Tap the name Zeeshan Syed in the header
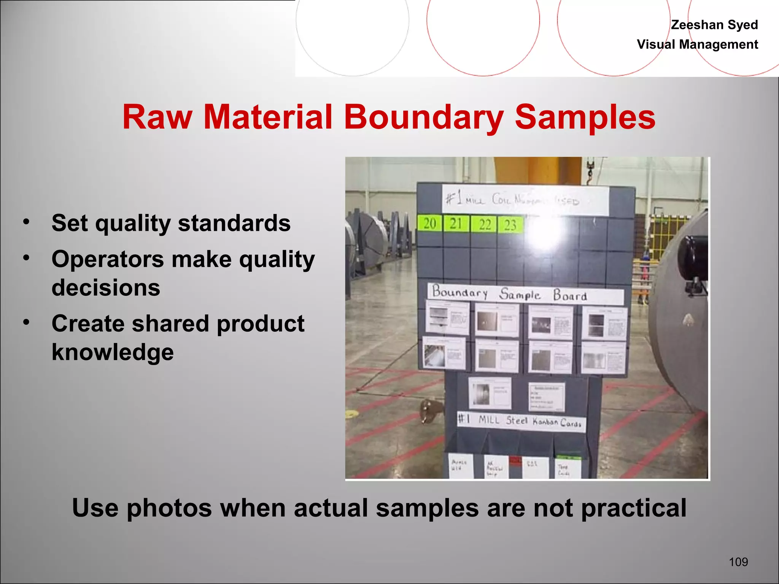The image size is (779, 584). click(x=714, y=25)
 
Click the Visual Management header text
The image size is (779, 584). click(x=697, y=44)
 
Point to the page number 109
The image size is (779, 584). click(x=738, y=562)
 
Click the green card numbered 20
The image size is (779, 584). click(x=430, y=224)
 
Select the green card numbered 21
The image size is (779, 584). click(x=456, y=224)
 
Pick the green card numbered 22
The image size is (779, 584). click(x=484, y=224)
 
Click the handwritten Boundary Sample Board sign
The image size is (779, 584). click(x=525, y=294)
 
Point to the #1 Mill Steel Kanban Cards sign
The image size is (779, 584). click(x=521, y=421)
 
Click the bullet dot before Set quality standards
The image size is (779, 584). click(x=26, y=221)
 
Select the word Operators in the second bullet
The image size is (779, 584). click(x=108, y=260)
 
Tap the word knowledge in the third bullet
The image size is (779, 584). click(x=113, y=352)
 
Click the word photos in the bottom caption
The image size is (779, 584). click(x=169, y=508)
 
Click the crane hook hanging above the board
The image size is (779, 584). click(x=590, y=169)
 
